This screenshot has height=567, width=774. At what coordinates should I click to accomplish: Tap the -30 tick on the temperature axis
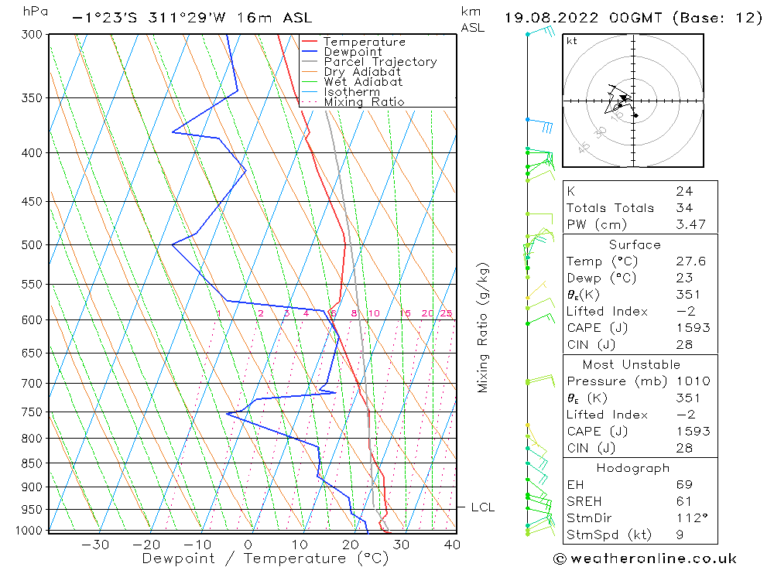click(95, 545)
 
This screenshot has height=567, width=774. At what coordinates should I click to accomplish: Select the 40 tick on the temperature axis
click(452, 545)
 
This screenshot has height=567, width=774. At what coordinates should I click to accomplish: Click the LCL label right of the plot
click(482, 507)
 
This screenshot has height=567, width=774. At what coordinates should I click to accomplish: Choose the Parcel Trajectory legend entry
click(380, 62)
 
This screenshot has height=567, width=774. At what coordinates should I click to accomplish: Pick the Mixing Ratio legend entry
click(364, 102)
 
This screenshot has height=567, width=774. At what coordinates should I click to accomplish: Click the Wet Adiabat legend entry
click(363, 82)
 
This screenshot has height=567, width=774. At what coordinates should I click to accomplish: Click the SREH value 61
click(683, 501)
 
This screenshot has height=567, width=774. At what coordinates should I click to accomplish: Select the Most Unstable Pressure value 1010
click(692, 381)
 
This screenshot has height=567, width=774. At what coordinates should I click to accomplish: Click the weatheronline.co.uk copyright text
click(645, 558)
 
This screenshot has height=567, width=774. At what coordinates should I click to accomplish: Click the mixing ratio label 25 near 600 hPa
click(446, 313)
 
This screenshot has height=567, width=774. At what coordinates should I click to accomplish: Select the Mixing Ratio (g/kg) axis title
click(484, 328)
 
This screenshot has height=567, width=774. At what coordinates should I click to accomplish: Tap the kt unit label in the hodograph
click(572, 41)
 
